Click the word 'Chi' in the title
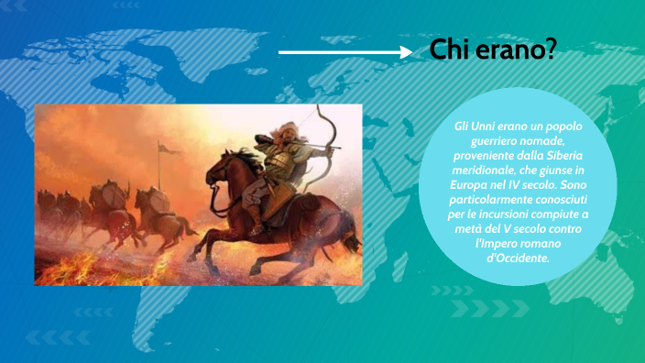pyautogui.click(x=450, y=51)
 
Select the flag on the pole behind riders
pyautogui.click(x=164, y=148)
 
